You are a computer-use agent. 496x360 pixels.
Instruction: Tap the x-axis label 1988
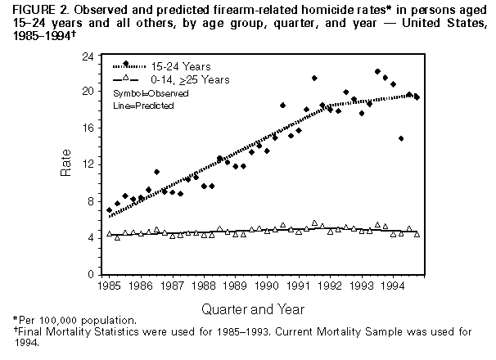pyautogui.click(x=205, y=286)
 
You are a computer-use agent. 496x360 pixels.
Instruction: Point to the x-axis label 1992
pyautogui.click(x=331, y=286)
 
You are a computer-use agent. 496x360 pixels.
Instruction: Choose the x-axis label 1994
pyautogui.click(x=394, y=286)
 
